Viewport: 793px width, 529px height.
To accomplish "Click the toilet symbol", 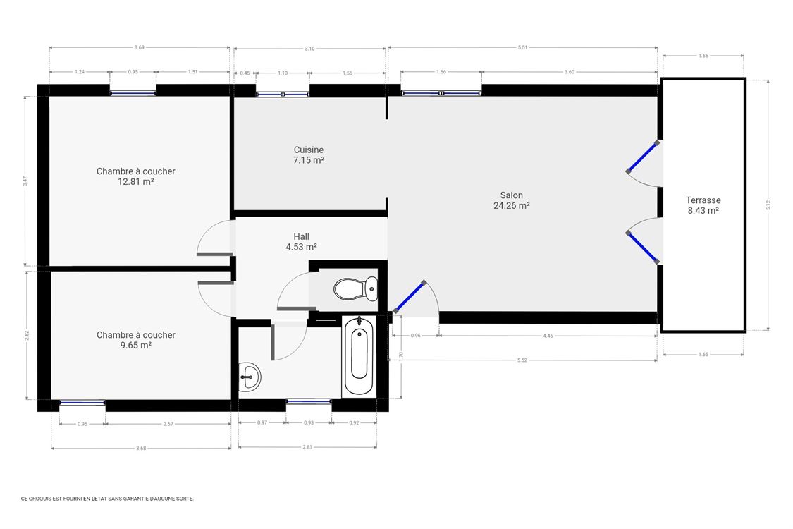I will click(x=356, y=288).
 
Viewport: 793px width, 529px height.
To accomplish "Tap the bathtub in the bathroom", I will click(x=359, y=355).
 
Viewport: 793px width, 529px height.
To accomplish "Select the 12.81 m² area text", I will click(x=136, y=181).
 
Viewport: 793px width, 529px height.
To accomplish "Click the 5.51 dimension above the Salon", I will click(x=522, y=47).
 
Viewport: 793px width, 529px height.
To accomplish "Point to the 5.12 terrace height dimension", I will click(x=768, y=204).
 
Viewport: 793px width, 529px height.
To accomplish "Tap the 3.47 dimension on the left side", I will click(x=25, y=180).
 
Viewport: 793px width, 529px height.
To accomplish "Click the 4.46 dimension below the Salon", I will click(x=548, y=336).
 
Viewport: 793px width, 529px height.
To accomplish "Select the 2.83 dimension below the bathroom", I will click(x=307, y=447).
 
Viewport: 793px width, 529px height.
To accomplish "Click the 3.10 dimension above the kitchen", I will click(x=309, y=49).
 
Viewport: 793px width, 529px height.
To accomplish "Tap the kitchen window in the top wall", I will click(x=282, y=93).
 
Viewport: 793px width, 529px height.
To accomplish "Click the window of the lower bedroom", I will click(x=82, y=403).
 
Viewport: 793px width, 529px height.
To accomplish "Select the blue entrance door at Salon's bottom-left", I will click(x=410, y=297).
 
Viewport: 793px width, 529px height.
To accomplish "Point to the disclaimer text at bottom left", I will click(x=107, y=498).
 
